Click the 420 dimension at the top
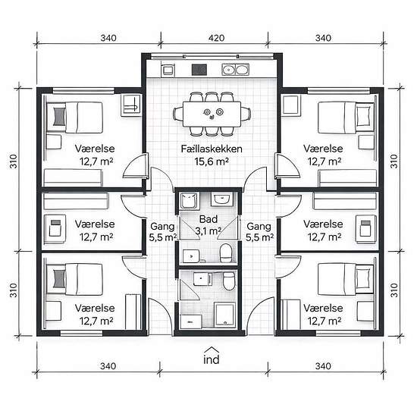click(216, 38)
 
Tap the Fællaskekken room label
click(212, 149)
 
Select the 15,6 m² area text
click(212, 161)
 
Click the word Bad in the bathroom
click(208, 219)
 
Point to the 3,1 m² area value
click(208, 231)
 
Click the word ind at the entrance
click(212, 359)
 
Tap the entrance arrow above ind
click(212, 350)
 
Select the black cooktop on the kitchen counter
click(199, 70)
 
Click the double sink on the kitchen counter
click(235, 70)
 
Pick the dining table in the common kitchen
click(212, 114)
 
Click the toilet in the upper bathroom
click(226, 253)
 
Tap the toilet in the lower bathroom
click(229, 281)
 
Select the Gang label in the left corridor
click(162, 227)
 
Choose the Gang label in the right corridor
click(259, 227)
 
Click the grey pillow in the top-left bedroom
click(59, 116)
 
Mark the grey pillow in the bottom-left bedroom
click(59, 278)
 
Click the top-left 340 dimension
click(108, 38)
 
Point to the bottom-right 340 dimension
click(323, 366)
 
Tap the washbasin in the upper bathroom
click(221, 199)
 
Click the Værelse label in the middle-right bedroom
click(323, 224)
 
